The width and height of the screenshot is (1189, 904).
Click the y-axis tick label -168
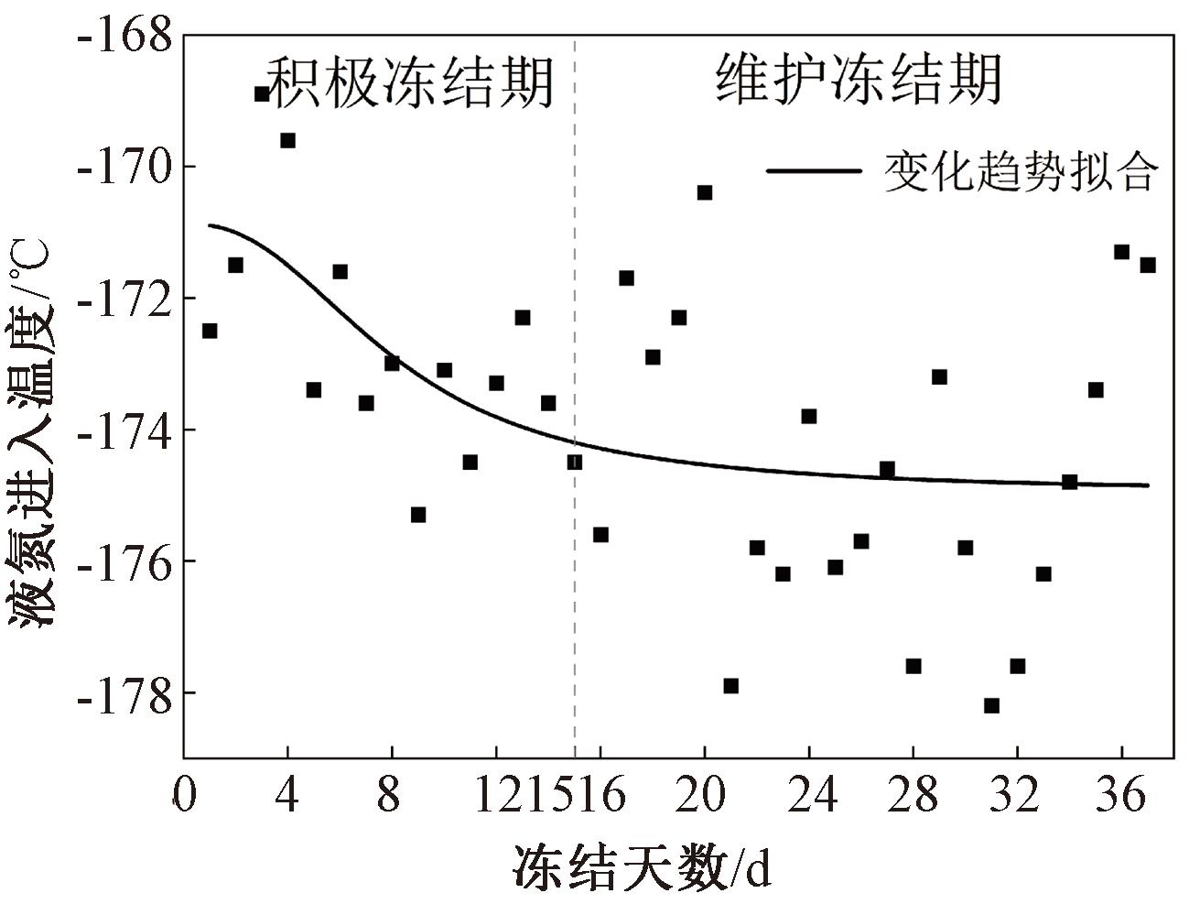(125, 37)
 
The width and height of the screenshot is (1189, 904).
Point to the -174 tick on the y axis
(125, 430)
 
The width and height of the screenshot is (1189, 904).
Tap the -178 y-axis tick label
(125, 693)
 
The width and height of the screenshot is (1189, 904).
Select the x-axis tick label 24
(809, 796)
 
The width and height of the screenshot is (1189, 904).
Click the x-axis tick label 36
(1121, 796)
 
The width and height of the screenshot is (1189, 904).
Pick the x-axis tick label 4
(287, 796)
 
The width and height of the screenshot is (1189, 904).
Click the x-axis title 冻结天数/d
(641, 866)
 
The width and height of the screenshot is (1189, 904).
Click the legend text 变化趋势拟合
(1021, 171)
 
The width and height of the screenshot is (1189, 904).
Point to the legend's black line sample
(814, 171)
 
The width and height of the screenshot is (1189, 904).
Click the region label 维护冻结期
(858, 81)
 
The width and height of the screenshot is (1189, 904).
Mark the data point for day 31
(991, 705)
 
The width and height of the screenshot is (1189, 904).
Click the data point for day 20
(705, 192)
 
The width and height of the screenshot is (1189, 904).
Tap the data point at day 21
(730, 686)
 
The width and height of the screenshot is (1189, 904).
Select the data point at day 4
(287, 140)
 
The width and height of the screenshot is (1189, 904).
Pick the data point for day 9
(418, 515)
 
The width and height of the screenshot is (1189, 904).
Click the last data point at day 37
(1148, 265)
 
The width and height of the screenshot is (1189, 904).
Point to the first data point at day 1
(210, 331)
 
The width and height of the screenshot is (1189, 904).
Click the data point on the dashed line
(575, 463)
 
